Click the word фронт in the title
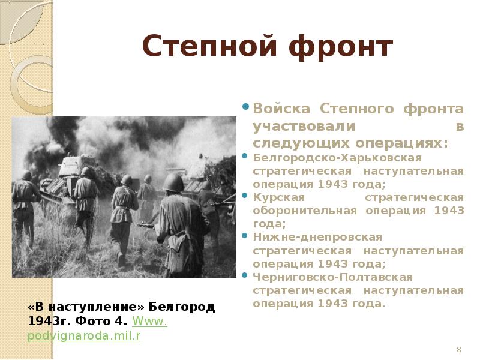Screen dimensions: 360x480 pyautogui.click(x=340, y=47)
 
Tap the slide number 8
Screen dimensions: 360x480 pyautogui.click(x=458, y=350)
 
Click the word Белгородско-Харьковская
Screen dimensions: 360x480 pyautogui.click(x=337, y=157)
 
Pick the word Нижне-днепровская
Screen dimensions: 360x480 pyautogui.click(x=317, y=237)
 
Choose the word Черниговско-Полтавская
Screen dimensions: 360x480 pyautogui.click(x=332, y=277)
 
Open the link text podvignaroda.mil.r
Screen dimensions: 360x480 pyautogui.click(x=84, y=335)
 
